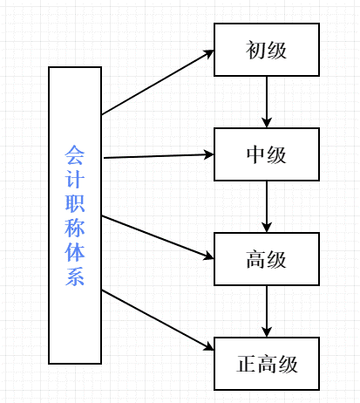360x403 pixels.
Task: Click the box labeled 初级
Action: coord(267,50)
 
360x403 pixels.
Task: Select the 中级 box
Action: coord(267,154)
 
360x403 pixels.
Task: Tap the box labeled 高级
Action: coord(267,259)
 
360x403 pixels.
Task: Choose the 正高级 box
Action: coord(267,364)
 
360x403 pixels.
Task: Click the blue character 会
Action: coord(75,154)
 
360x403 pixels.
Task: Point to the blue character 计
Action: coord(75,178)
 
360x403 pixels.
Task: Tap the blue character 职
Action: coord(75,203)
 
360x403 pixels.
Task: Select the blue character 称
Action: coord(75,228)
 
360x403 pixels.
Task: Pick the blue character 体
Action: coord(75,252)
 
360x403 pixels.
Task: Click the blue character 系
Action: coord(75,277)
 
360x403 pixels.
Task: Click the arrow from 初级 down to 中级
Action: coord(267,102)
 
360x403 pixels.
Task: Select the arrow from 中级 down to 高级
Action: coord(267,207)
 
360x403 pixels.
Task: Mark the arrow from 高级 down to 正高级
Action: coord(267,311)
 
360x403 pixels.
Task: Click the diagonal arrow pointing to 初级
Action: coord(158,82)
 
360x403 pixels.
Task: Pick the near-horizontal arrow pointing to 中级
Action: coord(159,156)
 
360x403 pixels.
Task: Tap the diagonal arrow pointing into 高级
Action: coord(158,237)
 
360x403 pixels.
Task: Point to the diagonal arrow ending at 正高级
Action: coord(158,320)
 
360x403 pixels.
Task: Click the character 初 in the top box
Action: coord(255,50)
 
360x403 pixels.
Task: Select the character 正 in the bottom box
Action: coord(247,364)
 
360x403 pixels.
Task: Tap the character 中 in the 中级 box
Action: coord(255,154)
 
